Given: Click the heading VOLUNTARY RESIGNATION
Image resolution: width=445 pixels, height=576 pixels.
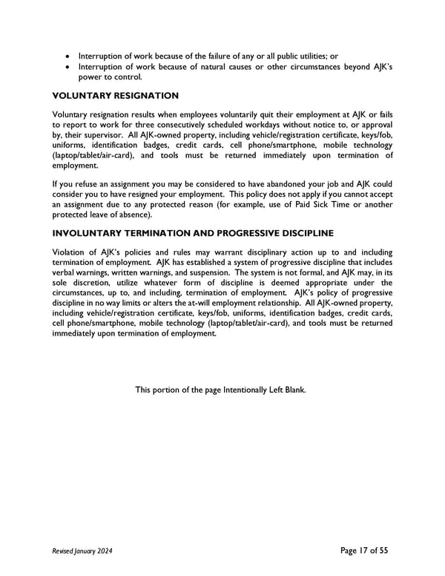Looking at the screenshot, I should (116, 96).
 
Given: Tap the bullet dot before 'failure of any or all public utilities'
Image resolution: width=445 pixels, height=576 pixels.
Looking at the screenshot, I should (69, 56).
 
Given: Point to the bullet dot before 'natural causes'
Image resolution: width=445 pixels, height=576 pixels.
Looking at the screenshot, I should (69, 67).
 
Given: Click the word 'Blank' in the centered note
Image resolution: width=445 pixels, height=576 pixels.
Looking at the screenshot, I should (293, 389).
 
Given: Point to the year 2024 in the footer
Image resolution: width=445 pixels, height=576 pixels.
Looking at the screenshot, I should (104, 551).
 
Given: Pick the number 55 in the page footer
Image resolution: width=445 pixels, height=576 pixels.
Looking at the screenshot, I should (383, 550).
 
